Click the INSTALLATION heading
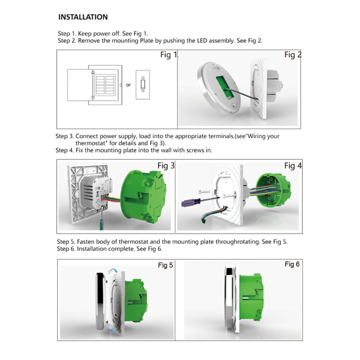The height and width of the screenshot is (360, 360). coord(83,17)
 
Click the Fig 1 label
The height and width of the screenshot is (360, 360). coord(168,55)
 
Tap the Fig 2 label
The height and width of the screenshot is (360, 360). coord(292,55)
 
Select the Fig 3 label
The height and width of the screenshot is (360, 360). coord(166,166)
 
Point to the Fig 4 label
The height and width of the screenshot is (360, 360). coord(292,166)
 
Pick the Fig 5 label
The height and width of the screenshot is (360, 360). coord(165,265)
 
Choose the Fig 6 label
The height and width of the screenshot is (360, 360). coord(292,264)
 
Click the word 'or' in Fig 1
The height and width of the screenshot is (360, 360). coord(128,85)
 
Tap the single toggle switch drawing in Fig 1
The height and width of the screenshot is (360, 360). coord(143,85)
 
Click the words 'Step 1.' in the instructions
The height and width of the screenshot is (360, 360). coord(67,34)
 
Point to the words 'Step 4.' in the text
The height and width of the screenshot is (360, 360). coord(65,150)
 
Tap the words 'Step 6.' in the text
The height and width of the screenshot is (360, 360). coord(67,249)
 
